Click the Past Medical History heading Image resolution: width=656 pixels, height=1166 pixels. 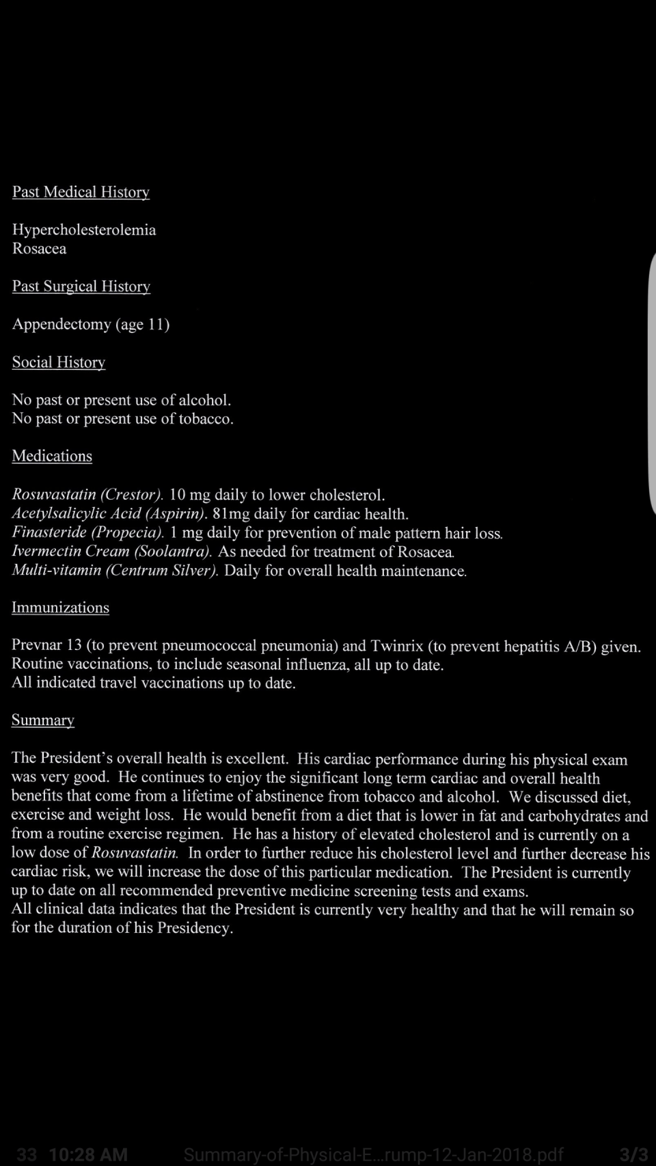click(81, 192)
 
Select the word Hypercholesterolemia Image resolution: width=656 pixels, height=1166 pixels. click(84, 230)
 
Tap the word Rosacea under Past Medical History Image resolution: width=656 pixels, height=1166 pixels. click(39, 249)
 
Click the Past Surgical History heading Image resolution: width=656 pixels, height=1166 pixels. click(81, 286)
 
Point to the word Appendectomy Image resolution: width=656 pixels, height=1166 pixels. click(61, 325)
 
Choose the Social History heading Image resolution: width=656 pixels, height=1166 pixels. click(58, 362)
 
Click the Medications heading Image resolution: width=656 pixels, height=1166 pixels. click(52, 456)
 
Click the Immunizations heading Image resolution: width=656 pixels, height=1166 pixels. click(60, 608)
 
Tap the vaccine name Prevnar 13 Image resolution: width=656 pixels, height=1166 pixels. click(46, 646)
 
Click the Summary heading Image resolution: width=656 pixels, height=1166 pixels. click(42, 720)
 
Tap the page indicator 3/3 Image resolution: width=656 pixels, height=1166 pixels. click(633, 1154)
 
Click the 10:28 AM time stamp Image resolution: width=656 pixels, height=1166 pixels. click(88, 1154)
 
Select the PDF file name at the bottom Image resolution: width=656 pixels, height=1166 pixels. click(373, 1154)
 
